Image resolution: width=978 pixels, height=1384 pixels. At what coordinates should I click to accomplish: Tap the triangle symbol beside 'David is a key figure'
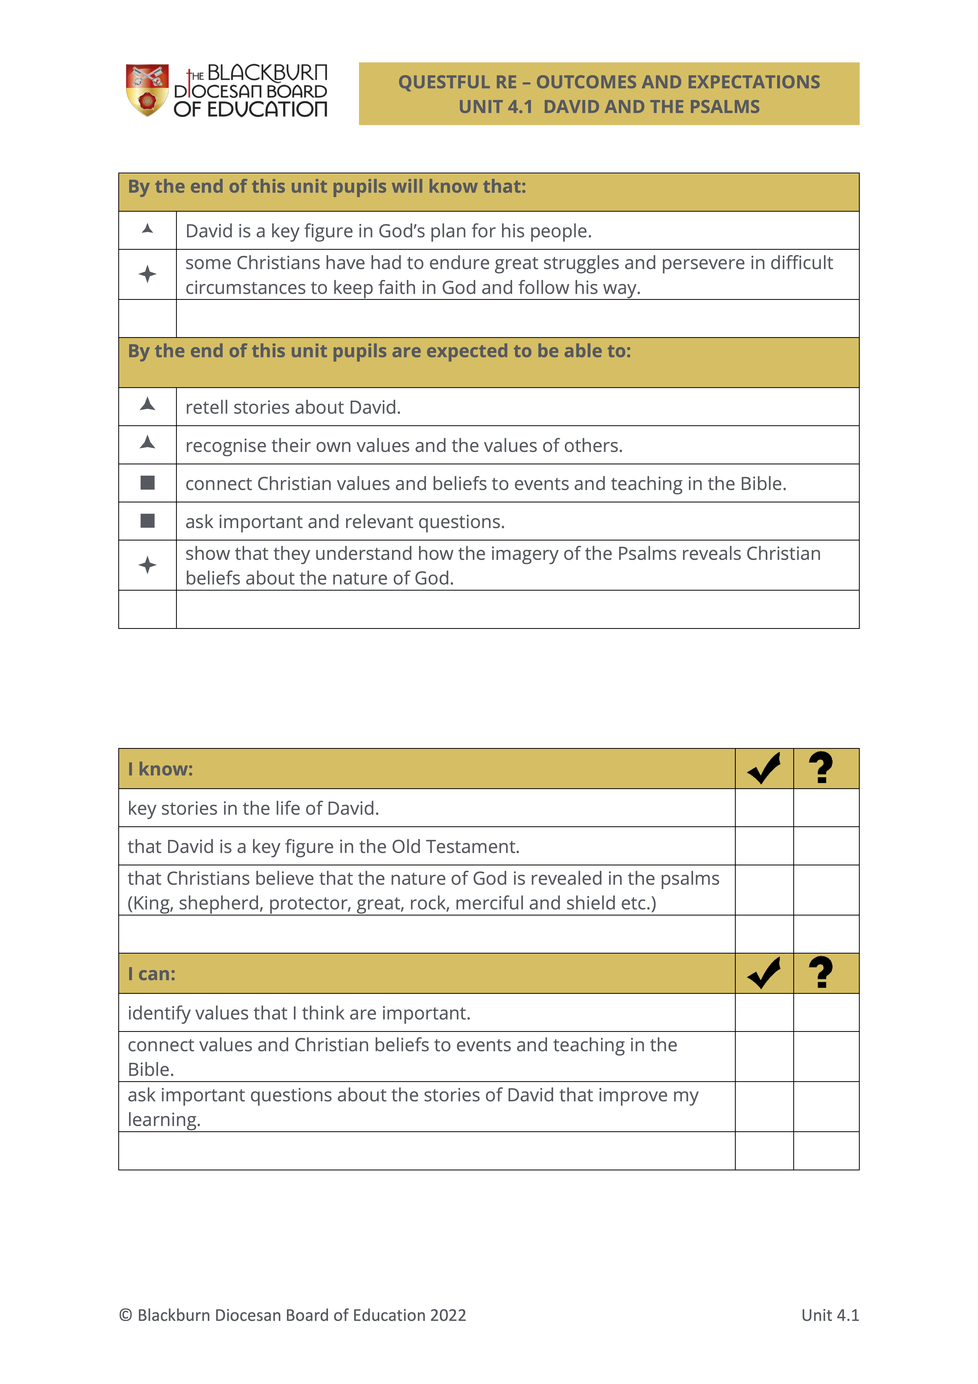click(148, 229)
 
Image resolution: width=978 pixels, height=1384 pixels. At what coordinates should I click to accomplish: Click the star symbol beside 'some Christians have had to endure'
click(148, 274)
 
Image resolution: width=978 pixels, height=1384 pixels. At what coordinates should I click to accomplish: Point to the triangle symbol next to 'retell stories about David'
click(148, 404)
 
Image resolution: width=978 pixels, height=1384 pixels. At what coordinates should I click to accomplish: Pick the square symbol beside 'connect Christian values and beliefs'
click(148, 483)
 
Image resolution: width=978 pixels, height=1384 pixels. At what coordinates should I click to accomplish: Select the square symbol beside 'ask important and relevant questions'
click(148, 521)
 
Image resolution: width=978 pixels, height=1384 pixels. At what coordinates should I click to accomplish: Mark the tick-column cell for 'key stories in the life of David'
click(764, 808)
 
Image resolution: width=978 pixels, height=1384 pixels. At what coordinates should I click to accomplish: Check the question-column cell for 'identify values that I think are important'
click(826, 1013)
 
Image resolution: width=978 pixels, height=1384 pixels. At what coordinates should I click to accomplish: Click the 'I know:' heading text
click(160, 769)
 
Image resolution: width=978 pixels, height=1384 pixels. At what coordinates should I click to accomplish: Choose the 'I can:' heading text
click(152, 974)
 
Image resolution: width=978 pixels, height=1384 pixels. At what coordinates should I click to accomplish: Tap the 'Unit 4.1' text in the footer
click(830, 1315)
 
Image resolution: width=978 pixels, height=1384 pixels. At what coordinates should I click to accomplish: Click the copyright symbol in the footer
click(125, 1315)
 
